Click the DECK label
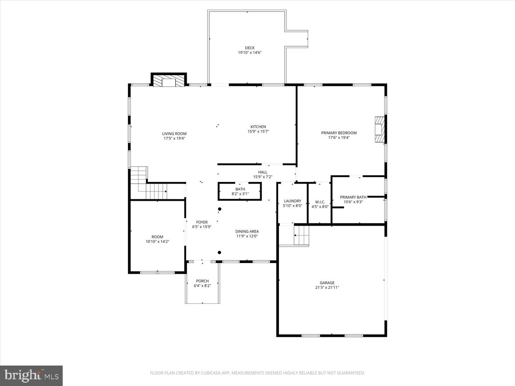[x=250, y=48]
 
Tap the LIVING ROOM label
[x=174, y=134]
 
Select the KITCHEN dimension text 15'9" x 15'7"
[x=258, y=132]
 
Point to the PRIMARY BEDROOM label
[x=339, y=133]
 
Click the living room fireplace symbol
[x=169, y=81]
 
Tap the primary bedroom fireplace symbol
[x=379, y=129]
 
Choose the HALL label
[x=263, y=172]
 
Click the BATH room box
[x=240, y=192]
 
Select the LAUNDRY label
[x=292, y=201]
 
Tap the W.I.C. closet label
[x=320, y=202]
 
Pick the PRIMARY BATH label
[x=353, y=197]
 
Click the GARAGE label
[x=327, y=283]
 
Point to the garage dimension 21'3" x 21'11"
[x=327, y=287]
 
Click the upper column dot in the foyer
[x=220, y=209]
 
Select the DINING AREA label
[x=247, y=232]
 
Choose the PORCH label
[x=202, y=281]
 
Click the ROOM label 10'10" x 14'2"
[x=157, y=237]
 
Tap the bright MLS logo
[x=31, y=376]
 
